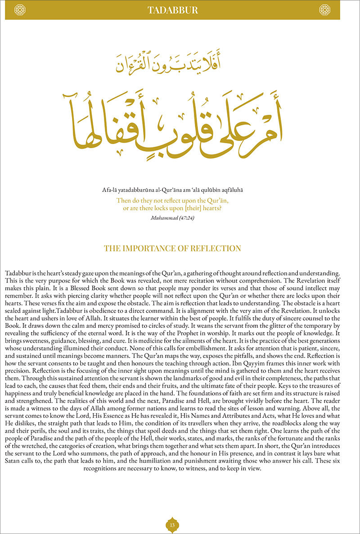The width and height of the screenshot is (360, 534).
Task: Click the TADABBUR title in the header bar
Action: (172, 10)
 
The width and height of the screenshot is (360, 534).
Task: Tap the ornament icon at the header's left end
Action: (20, 9)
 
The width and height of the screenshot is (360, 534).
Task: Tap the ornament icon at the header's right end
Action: (324, 9)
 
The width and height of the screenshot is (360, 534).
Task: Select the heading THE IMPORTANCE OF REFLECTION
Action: (172, 249)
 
